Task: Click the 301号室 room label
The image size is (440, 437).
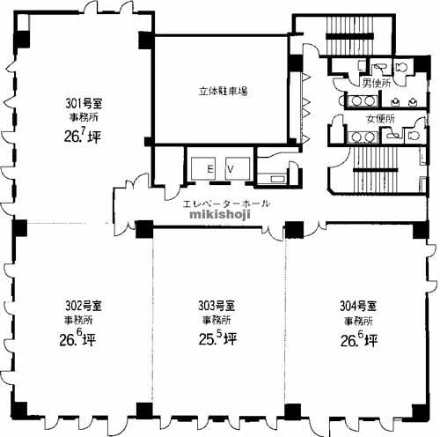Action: [84, 103]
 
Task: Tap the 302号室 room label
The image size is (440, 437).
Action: [84, 306]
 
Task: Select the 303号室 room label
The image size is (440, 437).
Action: [216, 306]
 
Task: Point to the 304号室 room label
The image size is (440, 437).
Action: [358, 307]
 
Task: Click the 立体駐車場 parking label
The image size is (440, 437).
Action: [223, 91]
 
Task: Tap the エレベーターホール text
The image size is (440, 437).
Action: [226, 204]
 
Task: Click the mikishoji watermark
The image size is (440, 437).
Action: [220, 214]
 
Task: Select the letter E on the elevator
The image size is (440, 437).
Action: [210, 169]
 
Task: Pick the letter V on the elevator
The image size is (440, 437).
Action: [231, 169]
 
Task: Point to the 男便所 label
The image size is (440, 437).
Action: [377, 84]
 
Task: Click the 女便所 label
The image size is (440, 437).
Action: [380, 119]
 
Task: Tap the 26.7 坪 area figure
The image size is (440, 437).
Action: [83, 136]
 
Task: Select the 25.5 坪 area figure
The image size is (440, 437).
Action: [217, 338]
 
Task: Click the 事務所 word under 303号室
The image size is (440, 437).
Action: [216, 320]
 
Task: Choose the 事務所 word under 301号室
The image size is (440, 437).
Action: [84, 117]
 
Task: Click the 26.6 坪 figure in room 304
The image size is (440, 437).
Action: [359, 339]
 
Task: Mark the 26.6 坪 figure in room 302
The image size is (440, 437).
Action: [77, 338]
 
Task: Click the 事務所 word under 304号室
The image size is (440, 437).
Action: [358, 321]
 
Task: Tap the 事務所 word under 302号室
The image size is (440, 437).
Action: [78, 320]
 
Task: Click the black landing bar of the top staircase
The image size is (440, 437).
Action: [349, 36]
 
